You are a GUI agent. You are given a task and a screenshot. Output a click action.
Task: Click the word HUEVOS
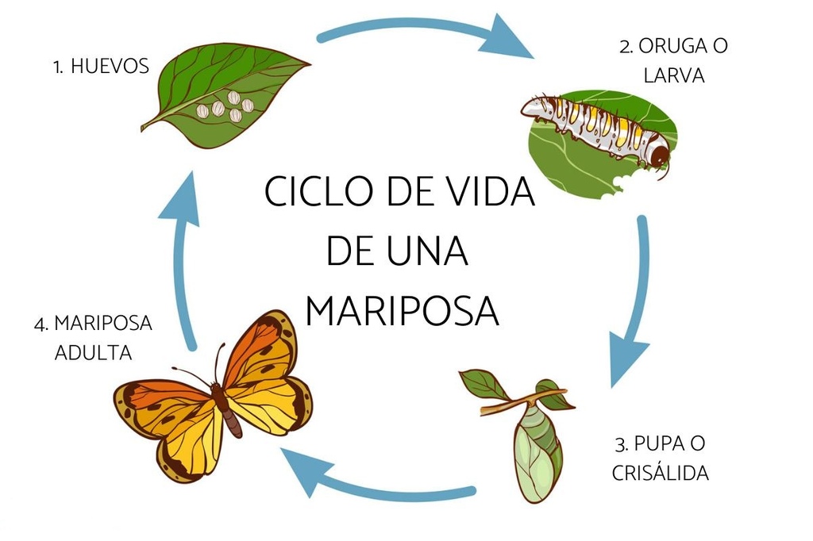point(110,67)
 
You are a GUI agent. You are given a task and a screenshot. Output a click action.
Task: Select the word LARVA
point(674,75)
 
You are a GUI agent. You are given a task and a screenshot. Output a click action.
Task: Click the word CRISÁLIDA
point(661,473)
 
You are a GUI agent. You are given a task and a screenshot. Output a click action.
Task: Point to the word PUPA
point(656,443)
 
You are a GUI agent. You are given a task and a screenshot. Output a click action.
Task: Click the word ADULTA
point(94,353)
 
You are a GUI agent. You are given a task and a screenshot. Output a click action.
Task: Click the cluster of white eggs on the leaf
point(226,107)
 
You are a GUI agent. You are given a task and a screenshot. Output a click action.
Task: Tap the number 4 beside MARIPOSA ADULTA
point(40,324)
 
